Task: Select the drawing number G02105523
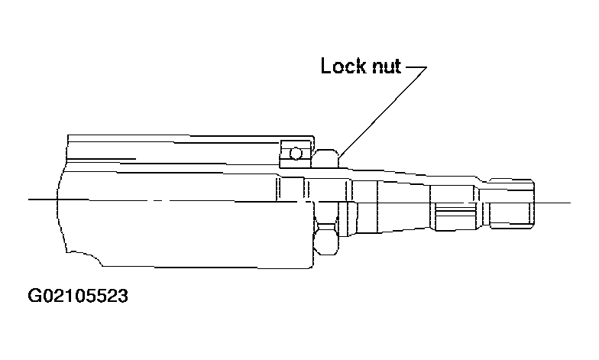(x=78, y=296)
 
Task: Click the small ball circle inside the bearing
(x=296, y=154)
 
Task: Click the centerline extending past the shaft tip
(x=552, y=203)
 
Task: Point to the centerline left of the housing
(x=43, y=199)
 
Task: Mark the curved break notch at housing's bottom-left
(x=85, y=258)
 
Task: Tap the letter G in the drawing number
(x=34, y=296)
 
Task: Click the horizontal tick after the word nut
(x=416, y=67)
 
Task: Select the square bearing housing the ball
(x=296, y=154)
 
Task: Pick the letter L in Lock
(x=325, y=66)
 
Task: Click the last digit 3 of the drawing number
(x=122, y=296)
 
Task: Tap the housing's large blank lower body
(x=183, y=233)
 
